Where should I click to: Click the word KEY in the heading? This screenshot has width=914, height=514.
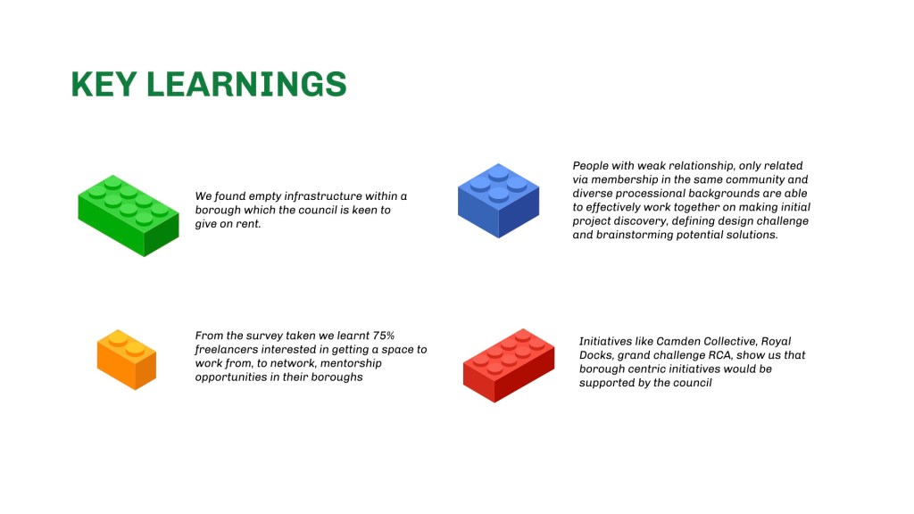pyautogui.click(x=104, y=84)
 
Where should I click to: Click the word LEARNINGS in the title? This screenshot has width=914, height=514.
pyautogui.click(x=246, y=84)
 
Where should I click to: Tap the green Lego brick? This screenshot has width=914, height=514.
pyautogui.click(x=129, y=216)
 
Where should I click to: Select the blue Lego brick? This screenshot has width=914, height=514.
pyautogui.click(x=498, y=201)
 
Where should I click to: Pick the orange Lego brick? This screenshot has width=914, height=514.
pyautogui.click(x=127, y=360)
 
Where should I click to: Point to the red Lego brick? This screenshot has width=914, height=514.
pyautogui.click(x=509, y=365)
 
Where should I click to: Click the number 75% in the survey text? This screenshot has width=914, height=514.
pyautogui.click(x=384, y=336)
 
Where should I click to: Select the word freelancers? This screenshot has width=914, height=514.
pyautogui.click(x=225, y=350)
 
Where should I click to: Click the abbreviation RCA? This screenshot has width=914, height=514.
pyautogui.click(x=720, y=355)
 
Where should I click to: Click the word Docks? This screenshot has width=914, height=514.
pyautogui.click(x=596, y=355)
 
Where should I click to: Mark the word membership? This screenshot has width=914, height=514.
pyautogui.click(x=624, y=180)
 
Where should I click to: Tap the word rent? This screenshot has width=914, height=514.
pyautogui.click(x=248, y=224)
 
